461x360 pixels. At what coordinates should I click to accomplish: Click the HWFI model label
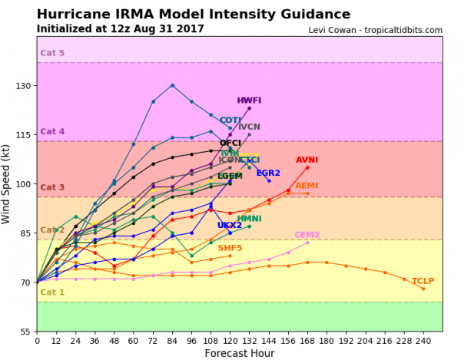click(249, 101)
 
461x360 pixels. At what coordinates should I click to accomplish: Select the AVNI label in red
click(307, 160)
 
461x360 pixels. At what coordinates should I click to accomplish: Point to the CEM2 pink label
click(307, 235)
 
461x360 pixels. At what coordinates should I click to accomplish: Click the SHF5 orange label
click(230, 249)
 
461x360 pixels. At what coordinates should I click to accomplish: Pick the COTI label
click(230, 121)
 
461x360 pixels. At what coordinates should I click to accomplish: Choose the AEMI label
click(307, 186)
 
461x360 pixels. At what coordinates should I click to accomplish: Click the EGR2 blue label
click(268, 173)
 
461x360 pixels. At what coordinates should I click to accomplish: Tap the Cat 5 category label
click(52, 54)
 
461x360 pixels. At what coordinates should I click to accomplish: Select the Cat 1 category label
click(52, 292)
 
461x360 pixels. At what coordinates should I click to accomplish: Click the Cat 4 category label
click(52, 132)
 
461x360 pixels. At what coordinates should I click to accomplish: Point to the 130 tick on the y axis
click(24, 86)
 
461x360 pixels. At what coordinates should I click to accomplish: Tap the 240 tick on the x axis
click(423, 340)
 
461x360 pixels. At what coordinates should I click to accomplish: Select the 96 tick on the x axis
click(191, 340)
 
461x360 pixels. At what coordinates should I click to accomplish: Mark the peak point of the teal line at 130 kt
click(172, 85)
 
